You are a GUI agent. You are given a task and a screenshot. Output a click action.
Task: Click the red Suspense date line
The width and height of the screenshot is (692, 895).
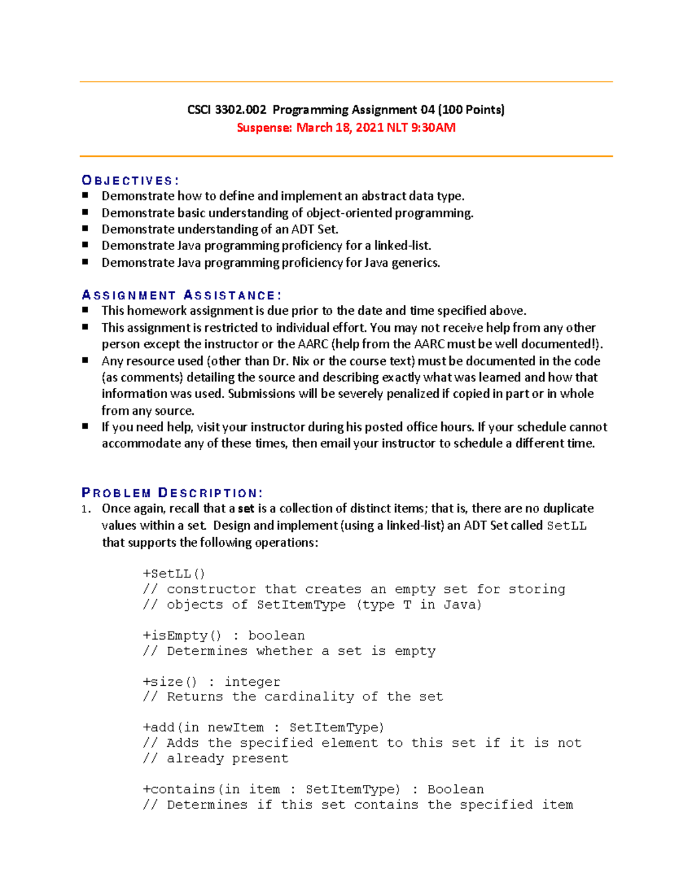tap(346, 127)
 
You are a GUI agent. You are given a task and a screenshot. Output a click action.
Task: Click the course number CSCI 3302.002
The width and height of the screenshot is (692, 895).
tap(227, 109)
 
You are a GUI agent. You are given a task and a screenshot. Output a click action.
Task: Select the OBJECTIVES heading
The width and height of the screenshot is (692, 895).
tap(130, 180)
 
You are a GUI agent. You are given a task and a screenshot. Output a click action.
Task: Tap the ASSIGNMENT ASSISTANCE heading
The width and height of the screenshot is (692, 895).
tap(182, 296)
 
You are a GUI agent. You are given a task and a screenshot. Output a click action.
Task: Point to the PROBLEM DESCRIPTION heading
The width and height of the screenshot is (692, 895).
tap(172, 493)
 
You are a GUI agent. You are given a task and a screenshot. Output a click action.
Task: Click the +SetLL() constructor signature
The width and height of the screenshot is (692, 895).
tap(174, 573)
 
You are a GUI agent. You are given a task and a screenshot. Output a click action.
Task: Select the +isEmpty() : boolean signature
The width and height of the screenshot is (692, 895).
tap(224, 635)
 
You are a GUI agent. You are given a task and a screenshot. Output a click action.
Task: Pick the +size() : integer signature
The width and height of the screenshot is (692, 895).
tap(211, 682)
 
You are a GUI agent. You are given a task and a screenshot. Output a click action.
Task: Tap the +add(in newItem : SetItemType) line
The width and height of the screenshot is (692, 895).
tap(263, 727)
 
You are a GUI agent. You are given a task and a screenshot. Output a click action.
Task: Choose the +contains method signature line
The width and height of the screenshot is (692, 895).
tap(313, 789)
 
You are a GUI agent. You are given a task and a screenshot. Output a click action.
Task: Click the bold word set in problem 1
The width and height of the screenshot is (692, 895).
tap(246, 509)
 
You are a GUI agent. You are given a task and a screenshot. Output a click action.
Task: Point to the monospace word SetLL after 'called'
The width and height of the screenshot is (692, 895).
tap(566, 526)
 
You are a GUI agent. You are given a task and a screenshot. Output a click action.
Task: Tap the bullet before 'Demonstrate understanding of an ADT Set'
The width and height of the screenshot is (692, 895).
tap(85, 229)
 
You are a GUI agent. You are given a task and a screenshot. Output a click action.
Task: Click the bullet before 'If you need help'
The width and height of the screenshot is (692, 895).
tap(85, 426)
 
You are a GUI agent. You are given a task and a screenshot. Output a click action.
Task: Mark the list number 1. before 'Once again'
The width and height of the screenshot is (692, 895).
tap(85, 509)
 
